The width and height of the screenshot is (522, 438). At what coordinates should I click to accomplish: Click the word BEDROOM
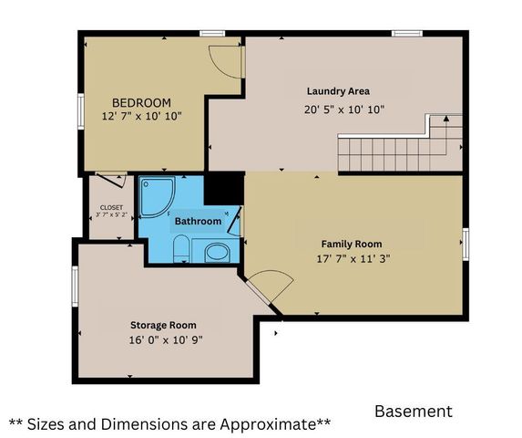[141, 102]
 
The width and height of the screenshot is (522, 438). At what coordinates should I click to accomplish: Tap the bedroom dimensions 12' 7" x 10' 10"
[141, 117]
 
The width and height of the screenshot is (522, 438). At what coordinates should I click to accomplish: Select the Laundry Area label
[338, 91]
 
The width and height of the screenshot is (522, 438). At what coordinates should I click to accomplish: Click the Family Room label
[351, 244]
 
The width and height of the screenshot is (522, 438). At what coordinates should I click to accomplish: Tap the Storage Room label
[163, 325]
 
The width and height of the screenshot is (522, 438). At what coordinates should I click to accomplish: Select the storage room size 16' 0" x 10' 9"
[163, 339]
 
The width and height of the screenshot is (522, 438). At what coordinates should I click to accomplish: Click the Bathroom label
[198, 222]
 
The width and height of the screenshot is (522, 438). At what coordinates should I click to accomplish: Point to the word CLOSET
[111, 207]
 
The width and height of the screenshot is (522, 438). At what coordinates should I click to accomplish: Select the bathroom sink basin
[217, 253]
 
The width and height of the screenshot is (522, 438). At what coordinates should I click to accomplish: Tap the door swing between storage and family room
[267, 288]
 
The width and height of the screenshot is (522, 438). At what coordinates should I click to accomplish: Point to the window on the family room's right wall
[465, 244]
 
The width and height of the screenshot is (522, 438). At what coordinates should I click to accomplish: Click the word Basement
[413, 412]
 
